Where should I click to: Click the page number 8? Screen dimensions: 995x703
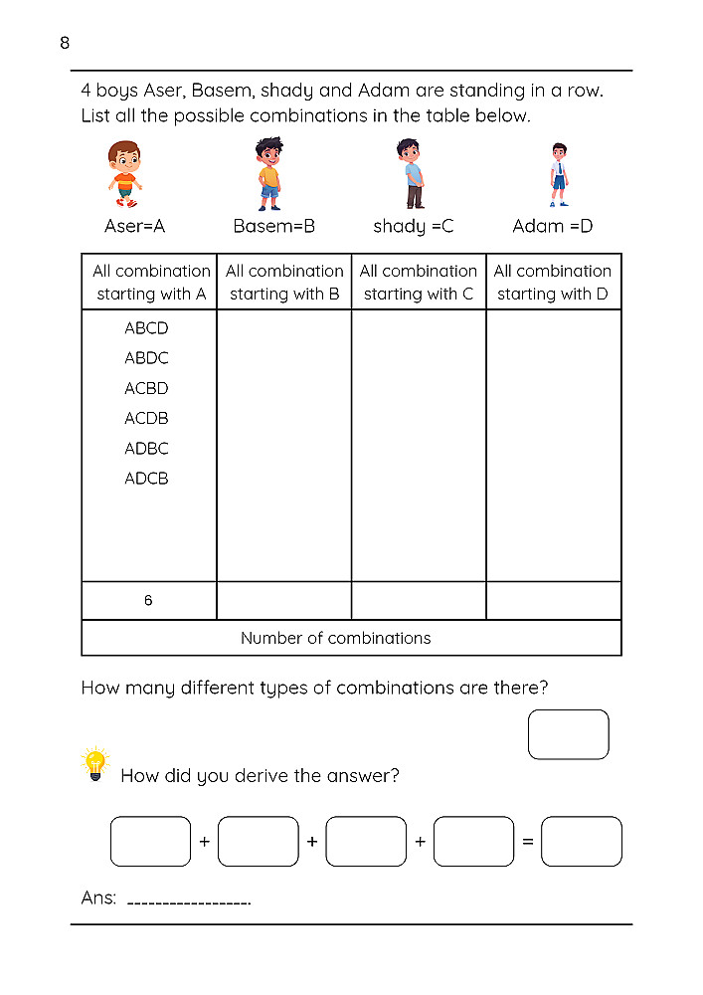click(65, 43)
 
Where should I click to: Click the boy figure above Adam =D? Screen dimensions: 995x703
click(559, 174)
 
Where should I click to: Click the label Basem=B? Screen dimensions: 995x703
click(273, 226)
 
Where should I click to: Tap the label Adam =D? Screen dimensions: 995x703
click(552, 226)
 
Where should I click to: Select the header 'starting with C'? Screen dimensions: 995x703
click(419, 294)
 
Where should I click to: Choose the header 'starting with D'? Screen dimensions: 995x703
click(553, 294)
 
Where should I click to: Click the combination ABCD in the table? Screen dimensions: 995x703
click(146, 328)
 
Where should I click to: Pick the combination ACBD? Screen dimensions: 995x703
click(146, 388)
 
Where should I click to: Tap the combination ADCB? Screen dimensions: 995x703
click(146, 479)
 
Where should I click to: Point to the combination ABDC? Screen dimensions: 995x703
click(146, 358)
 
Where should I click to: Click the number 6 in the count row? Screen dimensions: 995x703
click(148, 601)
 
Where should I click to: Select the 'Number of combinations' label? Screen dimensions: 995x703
click(336, 638)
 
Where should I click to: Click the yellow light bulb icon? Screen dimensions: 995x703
click(94, 763)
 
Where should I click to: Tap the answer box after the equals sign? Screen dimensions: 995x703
click(582, 842)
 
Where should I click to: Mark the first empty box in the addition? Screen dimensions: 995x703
click(150, 842)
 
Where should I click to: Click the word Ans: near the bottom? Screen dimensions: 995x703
click(98, 897)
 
